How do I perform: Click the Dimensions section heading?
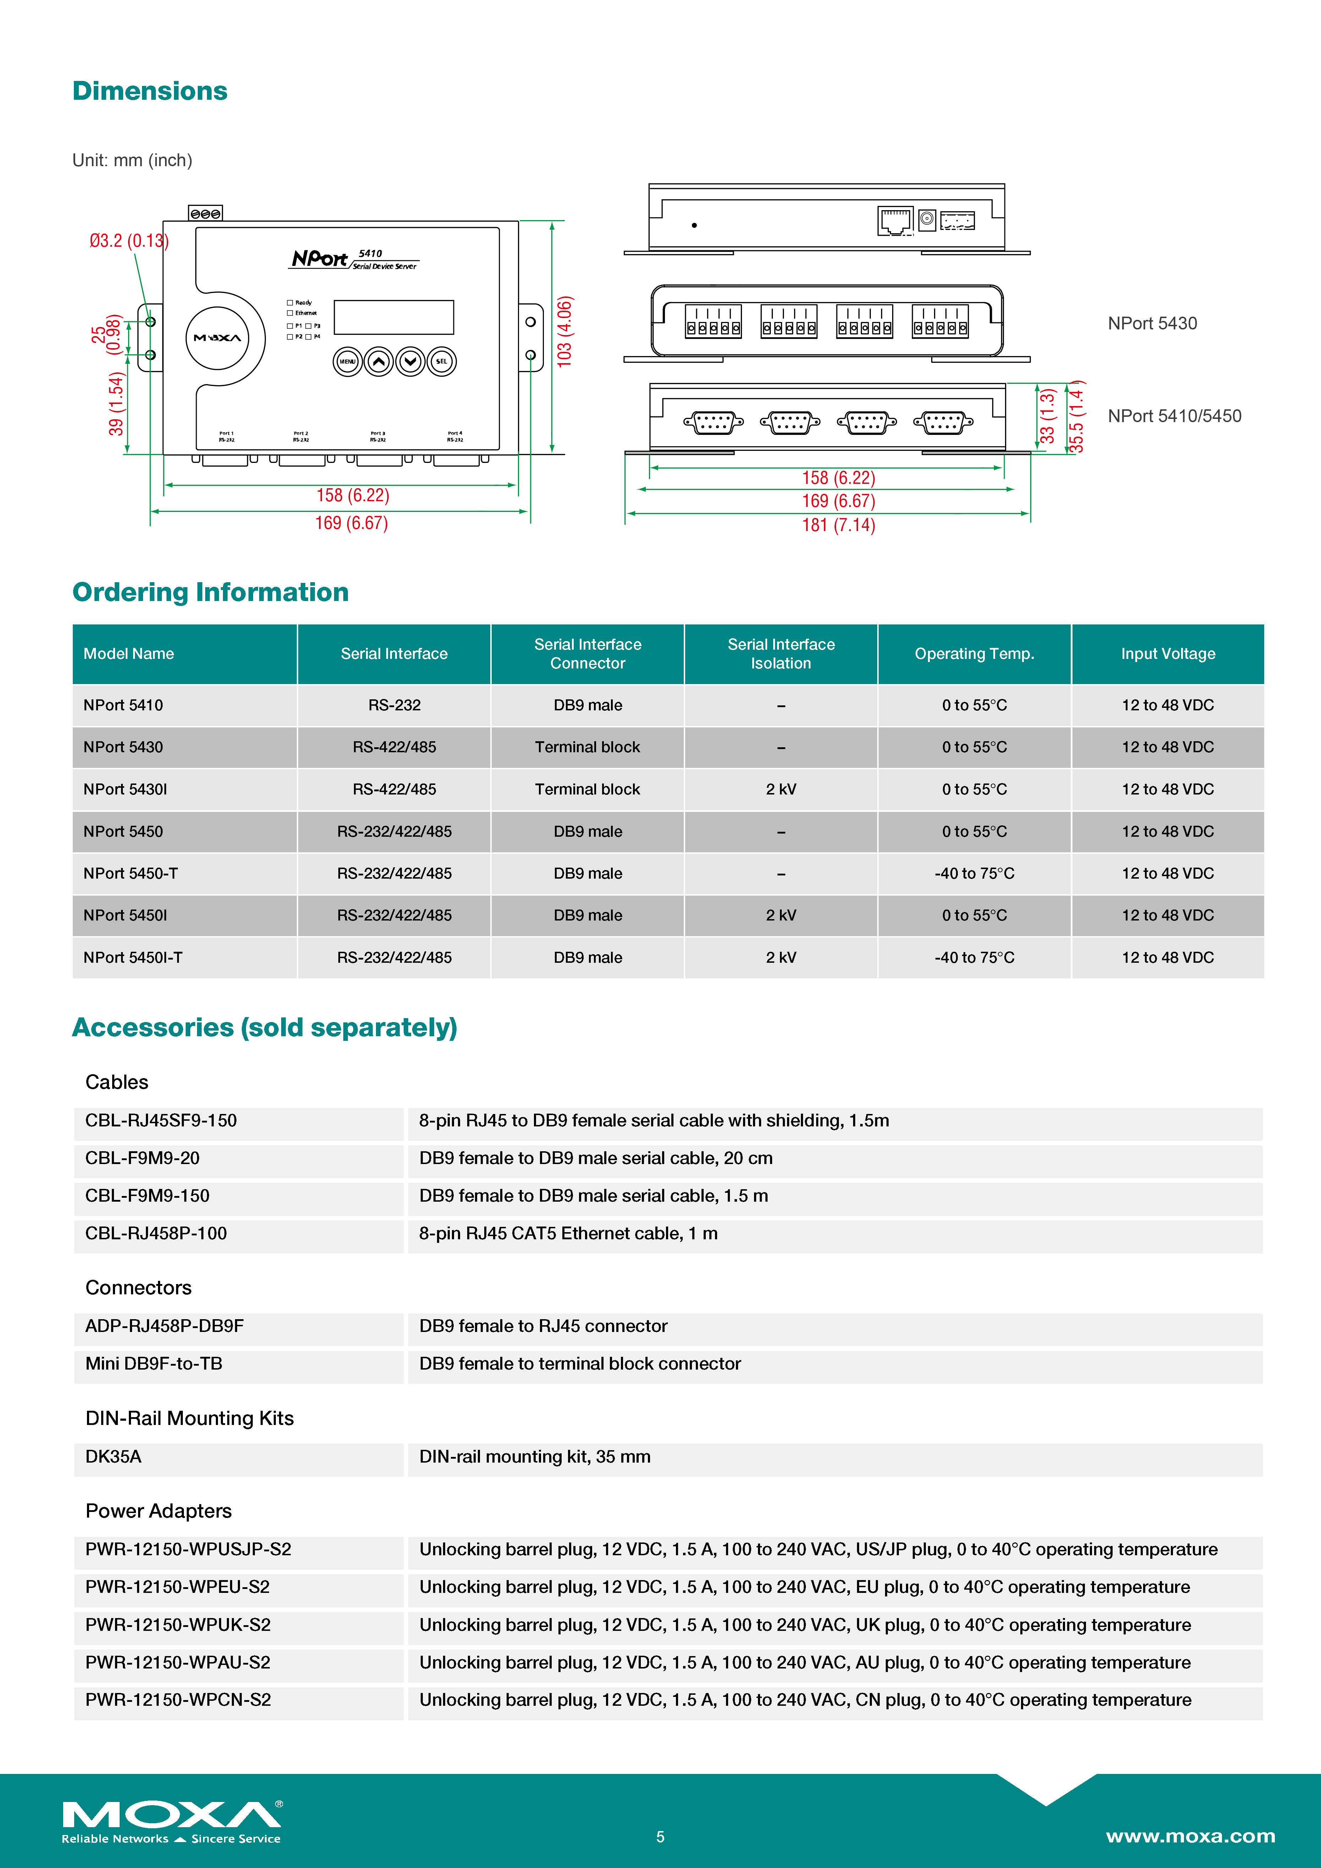(150, 91)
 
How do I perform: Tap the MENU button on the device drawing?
(347, 361)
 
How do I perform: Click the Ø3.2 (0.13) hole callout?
(129, 241)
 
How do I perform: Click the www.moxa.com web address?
(1190, 1836)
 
